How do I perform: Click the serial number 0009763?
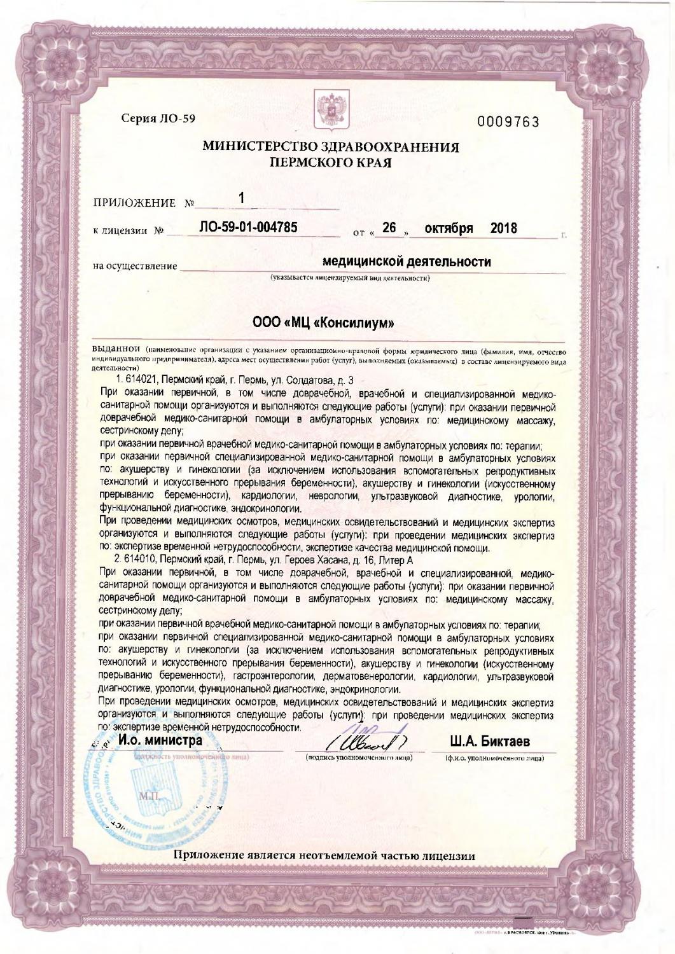[x=508, y=121]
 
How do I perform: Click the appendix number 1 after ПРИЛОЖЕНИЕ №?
[x=242, y=199]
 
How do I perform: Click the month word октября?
[x=449, y=228]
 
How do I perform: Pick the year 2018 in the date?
[x=504, y=228]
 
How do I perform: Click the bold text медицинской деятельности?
[x=407, y=262]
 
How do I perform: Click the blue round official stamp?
[x=153, y=789]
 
